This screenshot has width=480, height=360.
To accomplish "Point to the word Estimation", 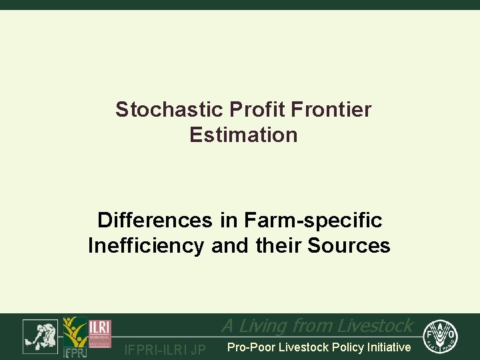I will pyautogui.click(x=243, y=135).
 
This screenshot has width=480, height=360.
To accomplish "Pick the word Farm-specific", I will pyautogui.click(x=313, y=219).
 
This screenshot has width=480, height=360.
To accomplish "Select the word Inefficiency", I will pyautogui.click(x=146, y=245).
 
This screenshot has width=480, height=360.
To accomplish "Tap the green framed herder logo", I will pyautogui.click(x=40, y=336).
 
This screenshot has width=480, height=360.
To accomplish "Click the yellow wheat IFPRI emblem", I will pyautogui.click(x=74, y=337).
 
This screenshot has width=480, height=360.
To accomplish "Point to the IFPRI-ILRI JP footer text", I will pyautogui.click(x=165, y=349).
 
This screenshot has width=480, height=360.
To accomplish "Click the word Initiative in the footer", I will pyautogui.click(x=387, y=347).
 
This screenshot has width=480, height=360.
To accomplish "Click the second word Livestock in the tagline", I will pyautogui.click(x=375, y=325).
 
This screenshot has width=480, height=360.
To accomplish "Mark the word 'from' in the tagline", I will pyautogui.click(x=313, y=325).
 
